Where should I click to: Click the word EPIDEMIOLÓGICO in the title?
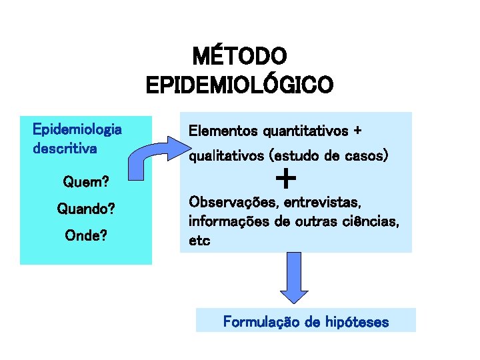click(x=239, y=85)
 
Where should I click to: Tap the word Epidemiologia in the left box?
click(x=77, y=129)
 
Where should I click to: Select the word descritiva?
click(x=65, y=148)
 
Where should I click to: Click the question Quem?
click(x=86, y=181)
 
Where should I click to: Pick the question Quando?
click(x=86, y=209)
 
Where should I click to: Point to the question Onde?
click(x=86, y=236)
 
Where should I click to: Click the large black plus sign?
click(x=285, y=179)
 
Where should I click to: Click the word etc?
click(x=200, y=241)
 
